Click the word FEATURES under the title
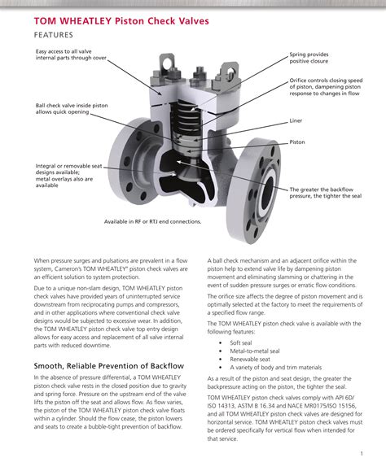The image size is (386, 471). coord(54,35)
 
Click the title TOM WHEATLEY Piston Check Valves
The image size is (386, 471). coord(121,20)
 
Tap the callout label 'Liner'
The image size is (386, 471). coord(296,120)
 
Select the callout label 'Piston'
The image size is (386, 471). coord(298,142)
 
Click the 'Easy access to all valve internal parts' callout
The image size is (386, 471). coord(71,55)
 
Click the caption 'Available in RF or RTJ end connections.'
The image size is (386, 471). coord(152,221)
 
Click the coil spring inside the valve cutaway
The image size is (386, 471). coord(184,130)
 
